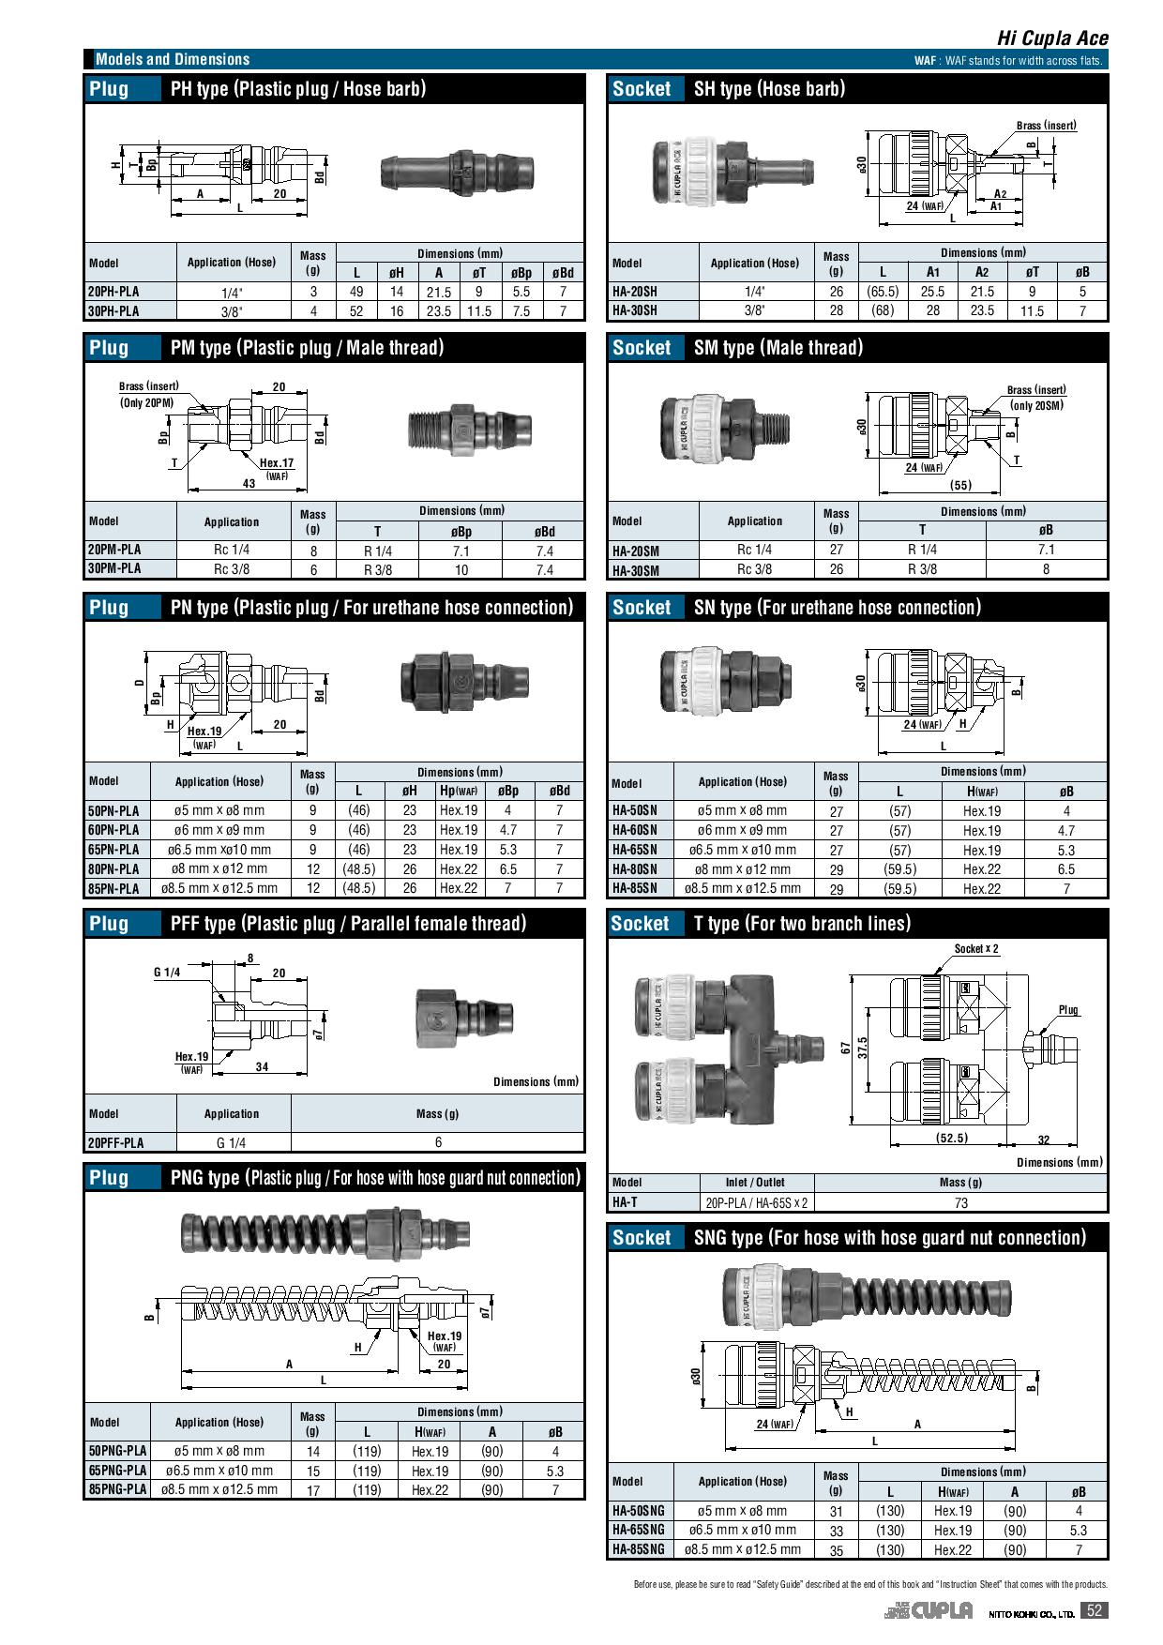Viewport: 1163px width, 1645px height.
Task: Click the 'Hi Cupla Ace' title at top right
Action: [x=1052, y=38]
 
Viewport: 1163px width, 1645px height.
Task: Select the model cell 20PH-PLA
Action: [x=113, y=292]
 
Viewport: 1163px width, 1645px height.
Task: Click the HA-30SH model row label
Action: [x=635, y=310]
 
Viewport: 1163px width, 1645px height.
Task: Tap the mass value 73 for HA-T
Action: [x=960, y=1203]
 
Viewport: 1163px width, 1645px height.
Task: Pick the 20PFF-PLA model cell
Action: [x=116, y=1142]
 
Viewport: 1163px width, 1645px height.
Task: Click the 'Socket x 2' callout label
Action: [x=976, y=949]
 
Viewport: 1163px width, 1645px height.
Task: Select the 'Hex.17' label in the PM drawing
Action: [x=277, y=463]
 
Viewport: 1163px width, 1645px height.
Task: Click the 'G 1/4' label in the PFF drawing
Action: [x=168, y=973]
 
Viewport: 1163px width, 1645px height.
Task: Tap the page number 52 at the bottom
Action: [x=1094, y=1611]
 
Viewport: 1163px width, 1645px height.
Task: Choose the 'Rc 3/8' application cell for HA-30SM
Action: [x=755, y=569]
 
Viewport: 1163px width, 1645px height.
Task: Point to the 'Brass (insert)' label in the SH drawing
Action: [x=1047, y=126]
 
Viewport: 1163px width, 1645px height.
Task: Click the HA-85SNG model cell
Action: [x=638, y=1549]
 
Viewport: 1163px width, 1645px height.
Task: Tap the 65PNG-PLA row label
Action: [x=117, y=1471]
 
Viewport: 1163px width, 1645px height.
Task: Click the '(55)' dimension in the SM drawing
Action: [x=960, y=485]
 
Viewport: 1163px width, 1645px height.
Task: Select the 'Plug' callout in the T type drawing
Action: [x=1068, y=1010]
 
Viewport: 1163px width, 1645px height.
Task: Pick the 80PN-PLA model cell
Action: [x=113, y=869]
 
